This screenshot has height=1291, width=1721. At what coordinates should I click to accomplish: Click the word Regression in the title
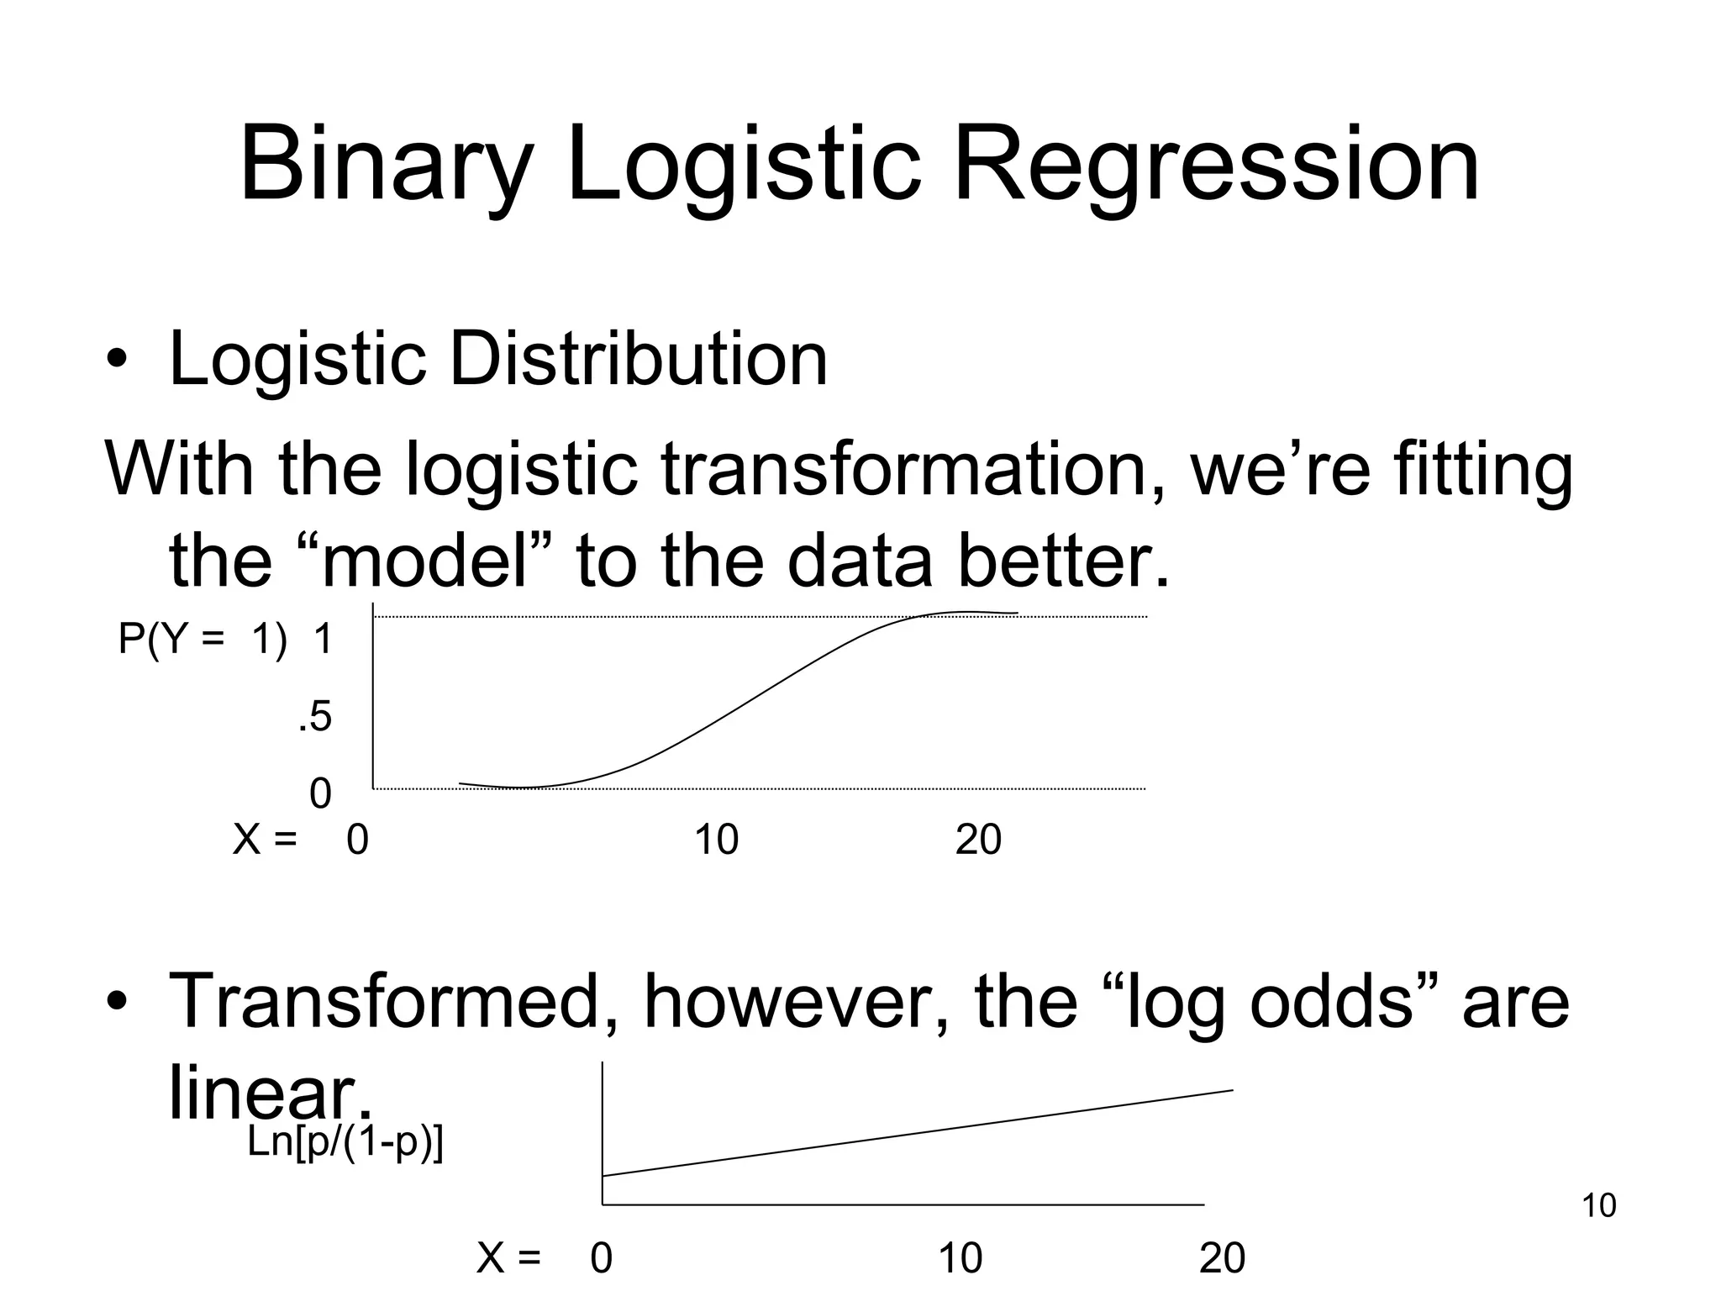tap(1215, 165)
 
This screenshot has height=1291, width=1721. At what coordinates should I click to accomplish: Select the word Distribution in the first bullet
tap(638, 360)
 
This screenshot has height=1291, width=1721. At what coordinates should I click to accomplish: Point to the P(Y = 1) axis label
tap(202, 640)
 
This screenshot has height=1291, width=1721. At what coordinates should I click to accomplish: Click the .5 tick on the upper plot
tap(315, 718)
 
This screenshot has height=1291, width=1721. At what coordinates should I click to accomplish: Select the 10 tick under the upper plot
tap(716, 840)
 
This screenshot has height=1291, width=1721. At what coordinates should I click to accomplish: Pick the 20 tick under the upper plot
tap(978, 840)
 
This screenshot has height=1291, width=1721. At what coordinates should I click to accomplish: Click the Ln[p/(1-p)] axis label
tap(345, 1143)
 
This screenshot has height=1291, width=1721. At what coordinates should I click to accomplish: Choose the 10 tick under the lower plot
tap(960, 1259)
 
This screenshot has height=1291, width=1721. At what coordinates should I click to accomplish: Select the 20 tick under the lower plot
tap(1222, 1259)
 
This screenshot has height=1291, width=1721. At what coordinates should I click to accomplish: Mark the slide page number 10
tap(1598, 1206)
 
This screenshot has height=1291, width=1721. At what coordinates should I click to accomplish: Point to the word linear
tap(267, 1093)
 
